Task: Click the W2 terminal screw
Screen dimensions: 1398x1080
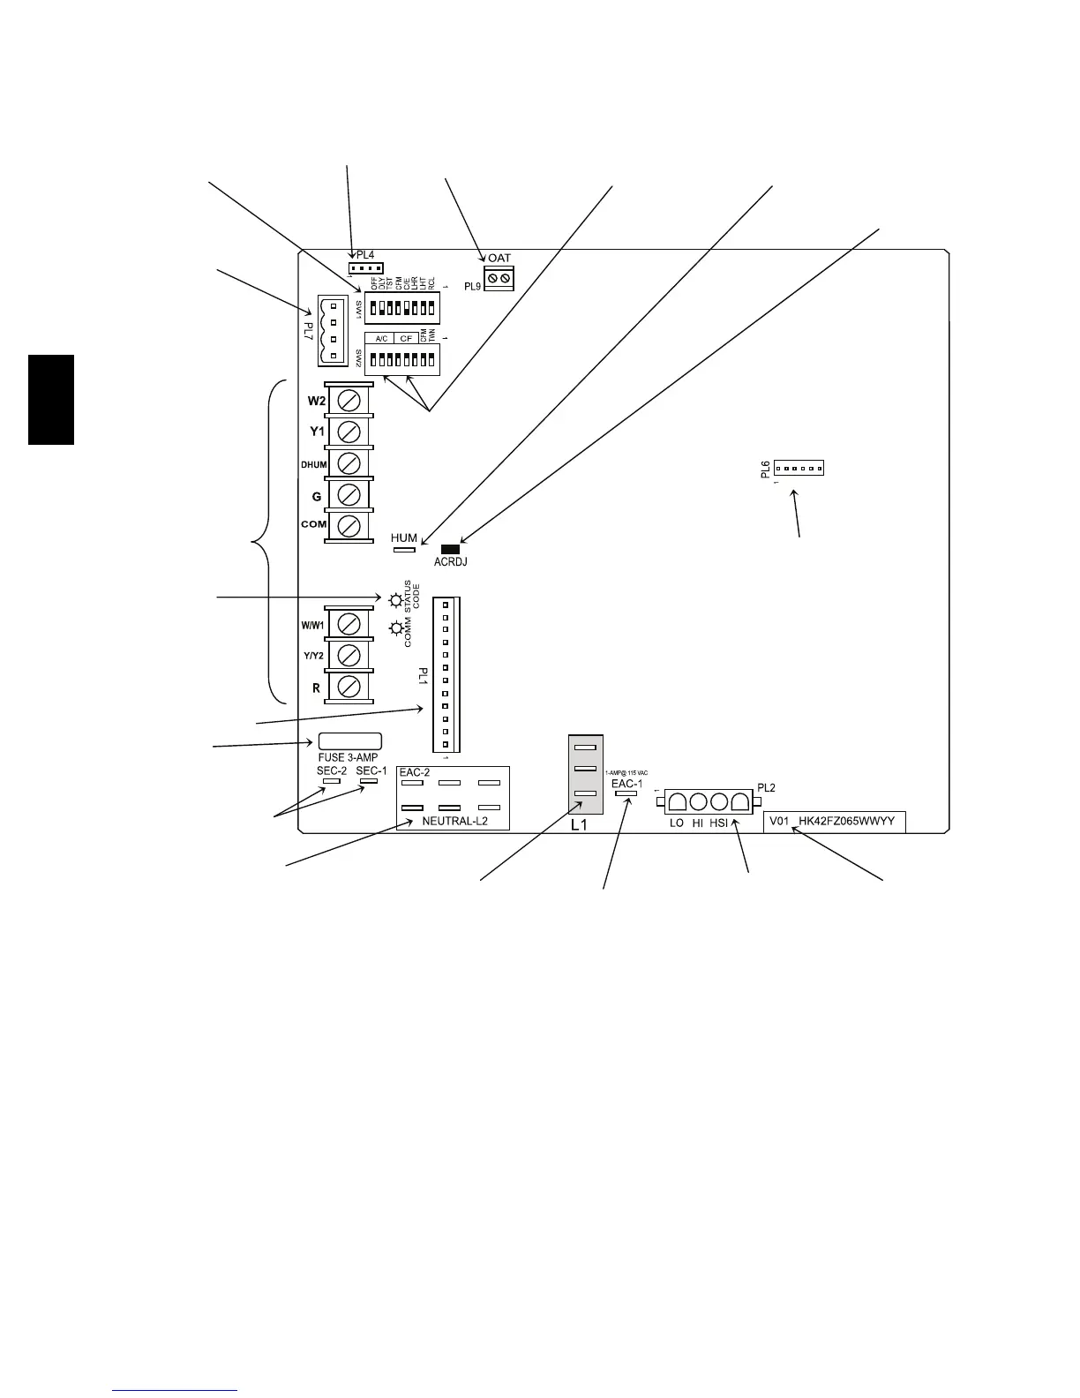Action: [349, 401]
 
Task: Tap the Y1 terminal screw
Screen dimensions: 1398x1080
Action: [349, 432]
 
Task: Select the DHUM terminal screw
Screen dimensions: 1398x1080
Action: [349, 463]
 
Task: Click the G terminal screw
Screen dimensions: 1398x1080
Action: [349, 495]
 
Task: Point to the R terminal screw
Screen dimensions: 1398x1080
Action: [349, 687]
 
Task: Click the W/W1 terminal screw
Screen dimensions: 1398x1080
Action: [349, 624]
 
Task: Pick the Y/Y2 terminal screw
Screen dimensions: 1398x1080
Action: [349, 656]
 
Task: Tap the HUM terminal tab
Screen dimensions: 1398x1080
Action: [403, 550]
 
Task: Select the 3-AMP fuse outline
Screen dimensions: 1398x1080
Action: [349, 741]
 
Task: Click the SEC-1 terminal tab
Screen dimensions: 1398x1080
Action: [369, 781]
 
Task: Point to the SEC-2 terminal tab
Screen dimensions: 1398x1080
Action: [333, 781]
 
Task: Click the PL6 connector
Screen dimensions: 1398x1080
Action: [799, 469]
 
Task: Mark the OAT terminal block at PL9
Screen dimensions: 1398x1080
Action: [499, 279]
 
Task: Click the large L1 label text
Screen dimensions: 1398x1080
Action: [579, 826]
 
